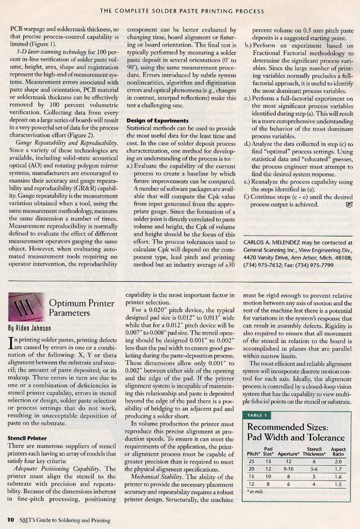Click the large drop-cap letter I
point(12,341)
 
